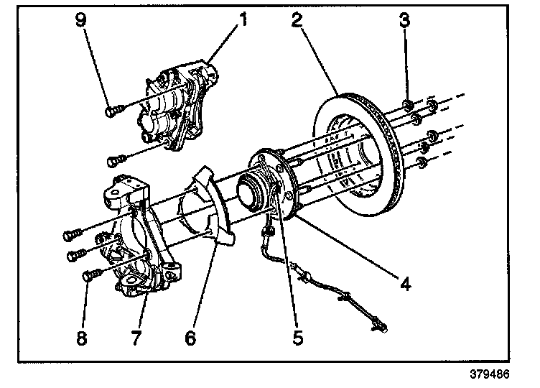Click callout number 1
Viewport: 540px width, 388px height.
click(x=243, y=19)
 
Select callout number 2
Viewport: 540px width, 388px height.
click(x=297, y=19)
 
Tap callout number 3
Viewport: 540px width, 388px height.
click(x=405, y=19)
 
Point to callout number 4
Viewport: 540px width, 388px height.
click(x=405, y=284)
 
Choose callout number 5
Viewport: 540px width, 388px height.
click(x=298, y=337)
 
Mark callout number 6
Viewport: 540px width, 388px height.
click(x=190, y=337)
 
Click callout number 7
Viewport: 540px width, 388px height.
click(x=136, y=337)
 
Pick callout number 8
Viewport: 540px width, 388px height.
click(x=82, y=337)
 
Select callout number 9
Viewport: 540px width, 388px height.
click(x=81, y=19)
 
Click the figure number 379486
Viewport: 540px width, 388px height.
click(x=490, y=374)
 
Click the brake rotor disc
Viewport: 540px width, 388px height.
click(x=358, y=155)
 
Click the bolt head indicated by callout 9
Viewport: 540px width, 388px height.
click(x=111, y=111)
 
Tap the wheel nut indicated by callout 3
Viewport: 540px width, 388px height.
click(x=408, y=105)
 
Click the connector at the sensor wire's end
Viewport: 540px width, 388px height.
click(x=380, y=326)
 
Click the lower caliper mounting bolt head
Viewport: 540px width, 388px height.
click(x=113, y=161)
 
